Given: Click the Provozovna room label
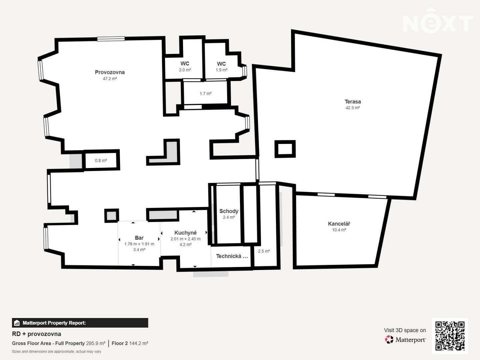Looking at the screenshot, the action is point(110,72).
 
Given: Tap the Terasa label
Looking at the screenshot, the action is point(353,102).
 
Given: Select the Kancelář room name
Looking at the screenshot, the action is point(339,224).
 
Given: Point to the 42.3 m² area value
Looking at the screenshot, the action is point(353,108).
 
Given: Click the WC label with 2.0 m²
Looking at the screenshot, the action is point(185,63).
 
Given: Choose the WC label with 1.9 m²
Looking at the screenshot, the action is point(221,64).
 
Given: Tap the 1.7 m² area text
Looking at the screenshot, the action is point(206,94).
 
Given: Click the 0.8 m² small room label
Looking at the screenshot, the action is point(101,161).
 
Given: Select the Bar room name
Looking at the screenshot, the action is point(139,238).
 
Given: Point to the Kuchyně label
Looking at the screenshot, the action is point(185,233).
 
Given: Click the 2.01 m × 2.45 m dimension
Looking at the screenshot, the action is point(185,239).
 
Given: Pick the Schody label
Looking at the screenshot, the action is point(229,211).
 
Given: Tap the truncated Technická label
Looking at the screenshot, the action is point(232,256).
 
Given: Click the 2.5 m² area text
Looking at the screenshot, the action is point(264,251).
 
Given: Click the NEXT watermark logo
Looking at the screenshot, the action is point(438,21).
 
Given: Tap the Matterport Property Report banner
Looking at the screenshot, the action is point(80,323).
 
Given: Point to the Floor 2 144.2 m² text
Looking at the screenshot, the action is point(130,343).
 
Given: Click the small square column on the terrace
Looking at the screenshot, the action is point(285,149).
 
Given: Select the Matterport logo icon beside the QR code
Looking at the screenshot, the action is point(389,339).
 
